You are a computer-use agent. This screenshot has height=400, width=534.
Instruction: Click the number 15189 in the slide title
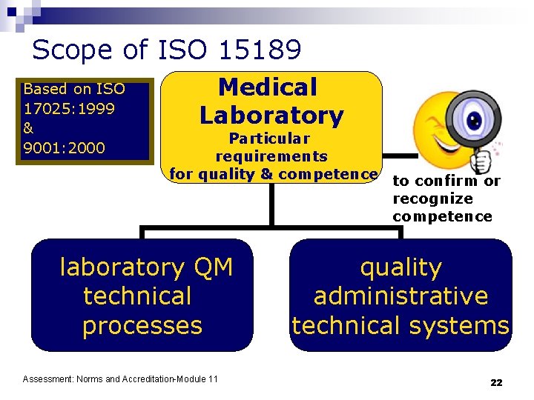pyautogui.click(x=260, y=50)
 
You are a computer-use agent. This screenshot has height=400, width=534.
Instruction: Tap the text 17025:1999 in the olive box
pyautogui.click(x=64, y=108)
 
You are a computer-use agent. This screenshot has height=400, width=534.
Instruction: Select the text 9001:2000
pyautogui.click(x=64, y=147)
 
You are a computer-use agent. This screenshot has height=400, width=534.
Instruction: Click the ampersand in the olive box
pyautogui.click(x=29, y=127)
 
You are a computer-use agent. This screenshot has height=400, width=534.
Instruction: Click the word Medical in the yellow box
pyautogui.click(x=268, y=87)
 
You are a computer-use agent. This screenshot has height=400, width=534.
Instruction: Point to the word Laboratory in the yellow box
pyautogui.click(x=271, y=116)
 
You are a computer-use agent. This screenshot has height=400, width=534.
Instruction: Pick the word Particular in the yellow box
pyautogui.click(x=269, y=139)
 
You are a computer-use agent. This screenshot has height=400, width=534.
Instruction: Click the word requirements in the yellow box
pyautogui.click(x=271, y=156)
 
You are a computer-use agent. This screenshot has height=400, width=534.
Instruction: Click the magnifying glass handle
pyautogui.click(x=482, y=157)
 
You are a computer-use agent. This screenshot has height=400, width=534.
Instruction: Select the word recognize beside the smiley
pyautogui.click(x=432, y=199)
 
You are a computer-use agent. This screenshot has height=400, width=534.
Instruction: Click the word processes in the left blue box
pyautogui.click(x=142, y=325)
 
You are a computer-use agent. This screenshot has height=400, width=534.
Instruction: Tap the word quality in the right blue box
pyautogui.click(x=400, y=267)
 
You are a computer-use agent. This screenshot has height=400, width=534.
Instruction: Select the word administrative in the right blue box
pyautogui.click(x=400, y=296)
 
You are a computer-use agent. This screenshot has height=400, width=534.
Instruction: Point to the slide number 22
pyautogui.click(x=496, y=382)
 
